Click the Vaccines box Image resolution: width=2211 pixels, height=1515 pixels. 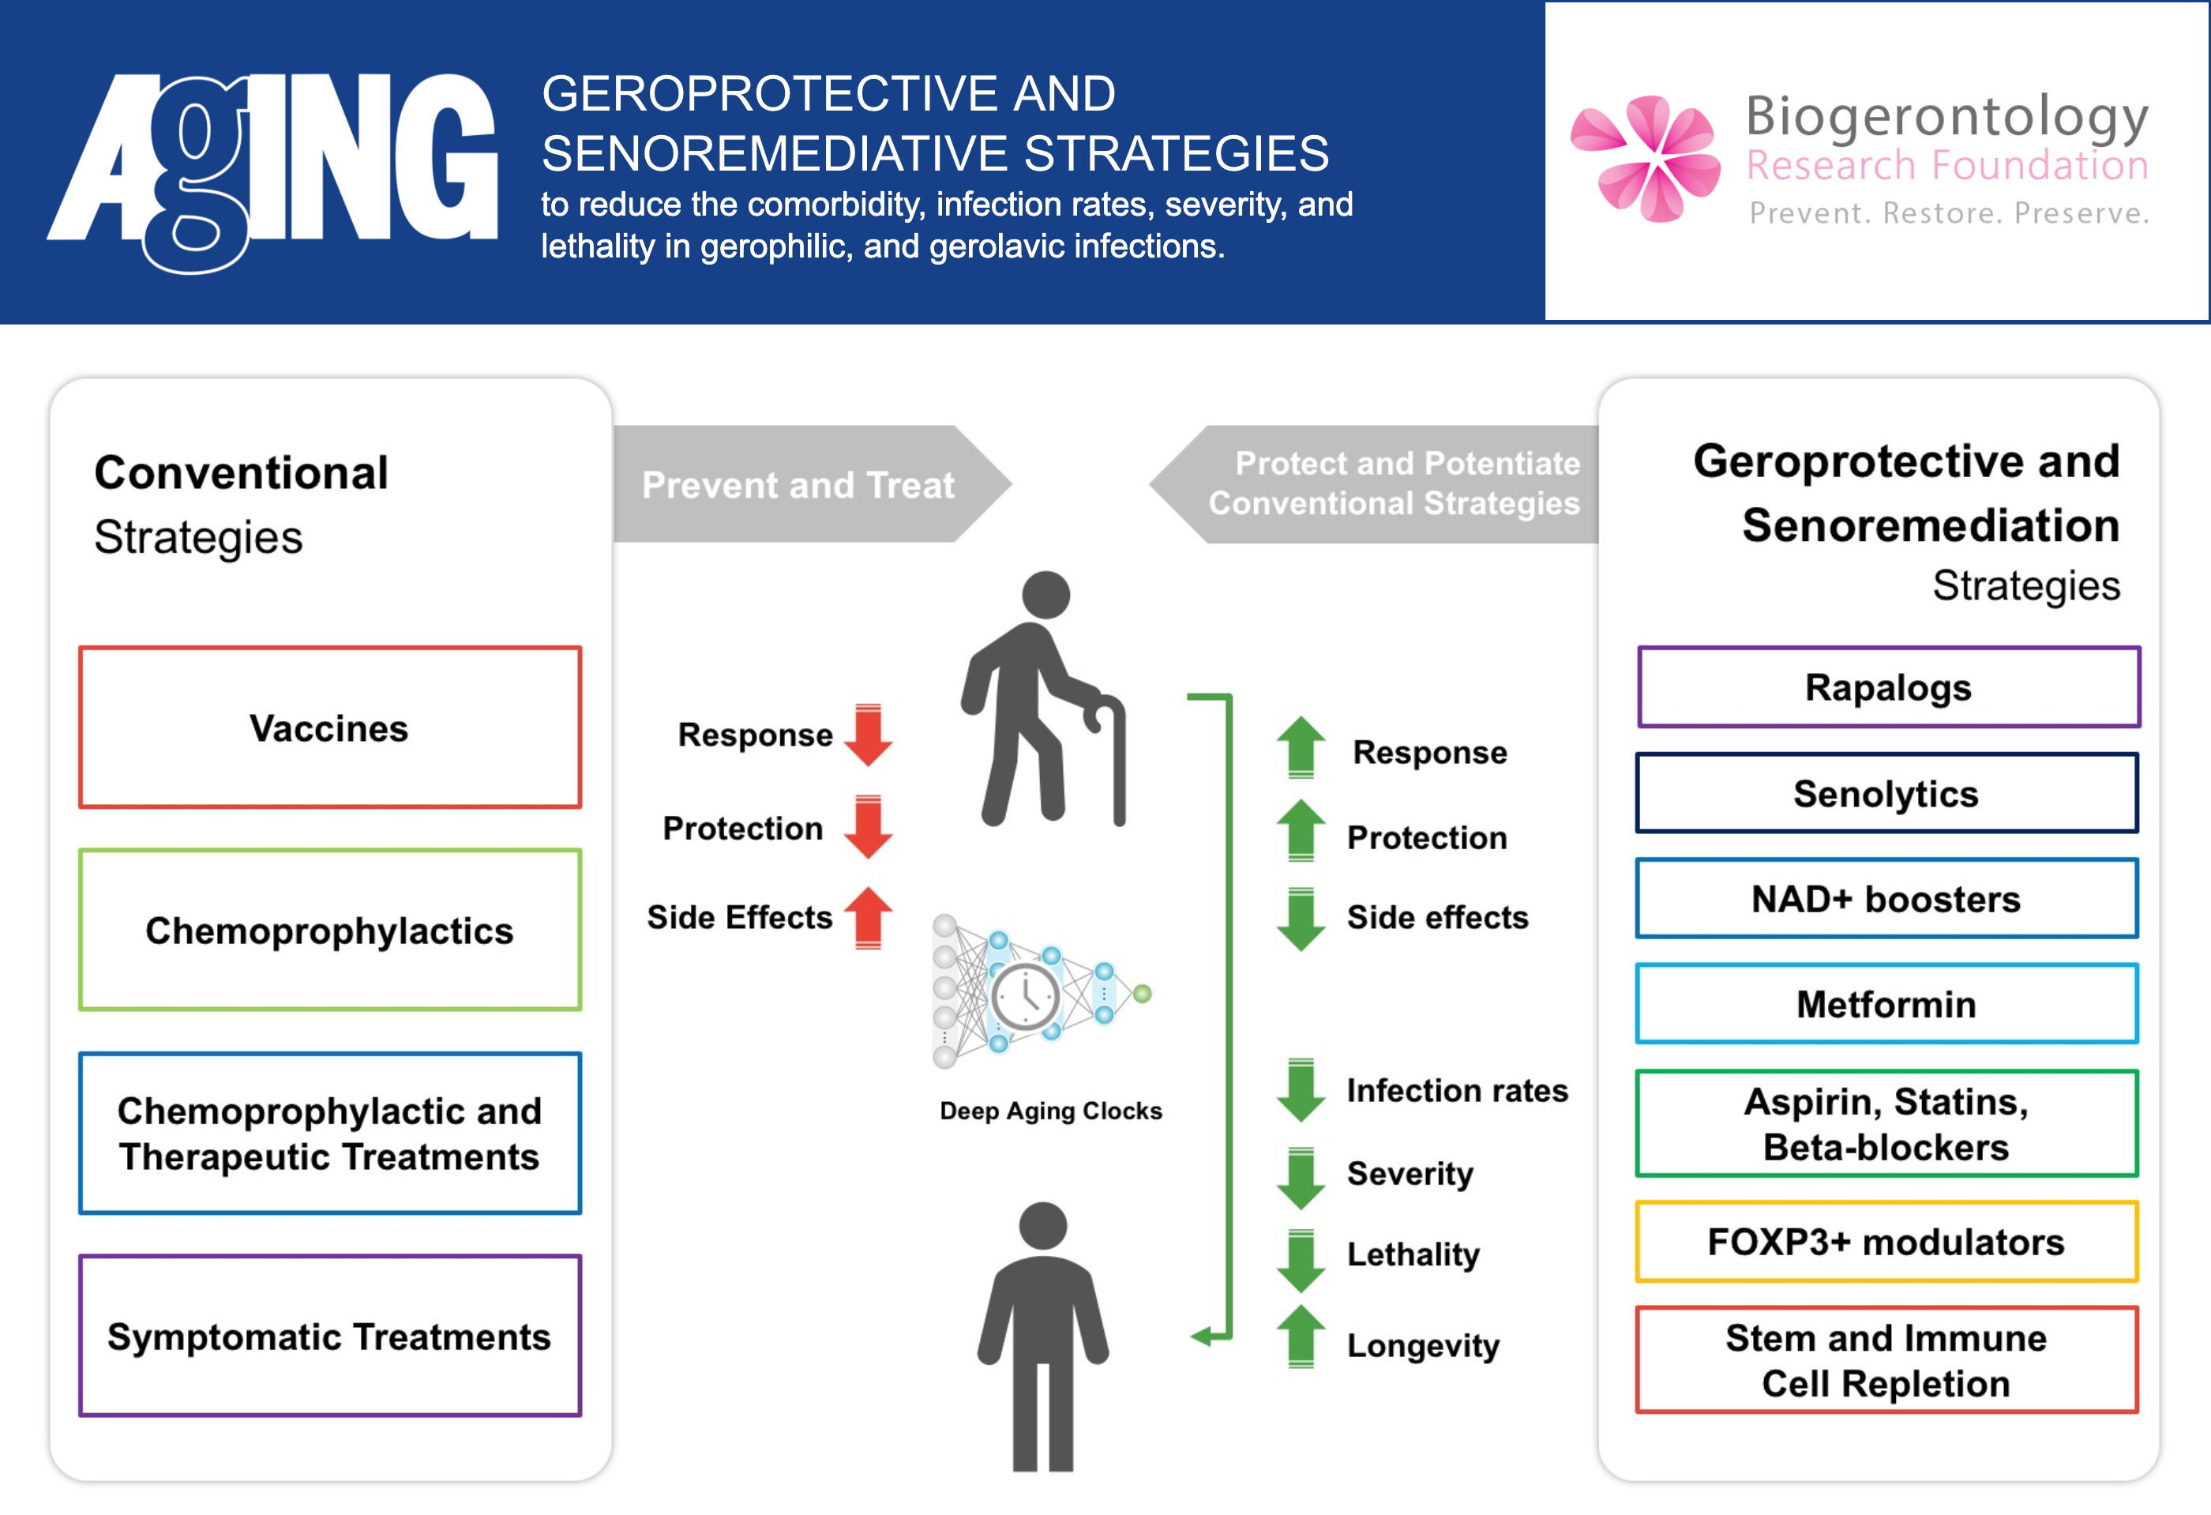click(329, 728)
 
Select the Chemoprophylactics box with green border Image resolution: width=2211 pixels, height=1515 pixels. click(329, 930)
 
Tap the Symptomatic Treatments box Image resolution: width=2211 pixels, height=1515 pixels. click(329, 1336)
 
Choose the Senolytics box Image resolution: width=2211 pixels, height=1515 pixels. click(1886, 793)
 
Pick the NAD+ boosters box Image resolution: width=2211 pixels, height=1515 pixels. click(1886, 898)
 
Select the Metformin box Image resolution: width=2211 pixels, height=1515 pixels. click(1886, 1004)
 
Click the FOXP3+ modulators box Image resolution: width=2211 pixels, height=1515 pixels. click(1886, 1242)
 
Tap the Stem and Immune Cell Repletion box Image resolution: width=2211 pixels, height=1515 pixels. click(1886, 1360)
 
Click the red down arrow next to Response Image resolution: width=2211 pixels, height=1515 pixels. click(868, 735)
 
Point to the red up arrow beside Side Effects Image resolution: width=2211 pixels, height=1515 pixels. click(868, 917)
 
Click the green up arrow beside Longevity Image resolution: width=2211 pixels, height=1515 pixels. click(1301, 1337)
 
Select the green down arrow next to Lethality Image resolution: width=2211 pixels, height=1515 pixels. click(1301, 1259)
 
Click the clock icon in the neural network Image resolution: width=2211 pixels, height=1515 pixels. click(1025, 996)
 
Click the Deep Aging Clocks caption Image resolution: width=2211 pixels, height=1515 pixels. click(1050, 1111)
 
